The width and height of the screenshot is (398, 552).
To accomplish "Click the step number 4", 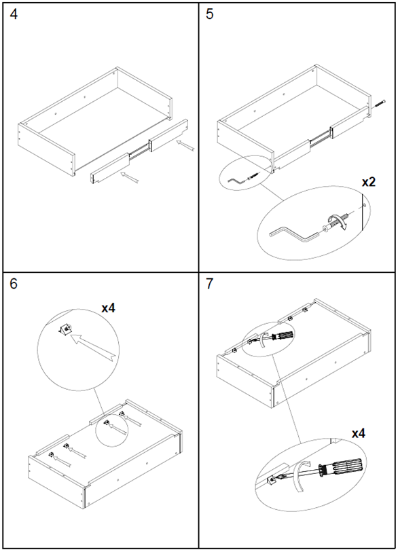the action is pyautogui.click(x=14, y=14).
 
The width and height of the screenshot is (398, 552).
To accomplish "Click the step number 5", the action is pyautogui.click(x=210, y=14).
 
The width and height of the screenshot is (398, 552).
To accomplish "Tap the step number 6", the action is pyautogui.click(x=14, y=284).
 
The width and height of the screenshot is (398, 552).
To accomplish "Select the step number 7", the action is pyautogui.click(x=210, y=284).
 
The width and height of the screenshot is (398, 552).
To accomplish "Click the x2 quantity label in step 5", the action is pyautogui.click(x=369, y=182).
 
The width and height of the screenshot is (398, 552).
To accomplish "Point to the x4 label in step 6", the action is pyautogui.click(x=109, y=308).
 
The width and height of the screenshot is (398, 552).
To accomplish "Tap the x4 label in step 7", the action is pyautogui.click(x=358, y=434).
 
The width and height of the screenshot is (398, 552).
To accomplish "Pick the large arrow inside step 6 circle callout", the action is pyautogui.click(x=94, y=347).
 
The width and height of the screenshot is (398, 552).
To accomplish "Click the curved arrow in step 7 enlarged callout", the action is pyautogui.click(x=300, y=477).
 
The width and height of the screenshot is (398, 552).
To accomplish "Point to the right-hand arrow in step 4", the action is pyautogui.click(x=185, y=146).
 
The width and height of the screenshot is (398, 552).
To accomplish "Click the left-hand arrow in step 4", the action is pyautogui.click(x=130, y=177).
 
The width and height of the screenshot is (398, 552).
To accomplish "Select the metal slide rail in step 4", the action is pyautogui.click(x=139, y=149).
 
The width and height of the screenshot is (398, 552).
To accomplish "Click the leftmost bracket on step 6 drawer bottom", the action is pyautogui.click(x=51, y=454).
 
